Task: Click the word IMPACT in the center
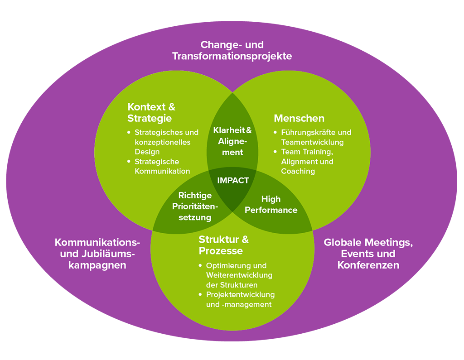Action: pyautogui.click(x=233, y=180)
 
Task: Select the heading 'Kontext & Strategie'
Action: pyautogui.click(x=151, y=113)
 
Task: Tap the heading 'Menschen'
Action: pyautogui.click(x=299, y=119)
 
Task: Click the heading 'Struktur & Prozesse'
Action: pyautogui.click(x=223, y=245)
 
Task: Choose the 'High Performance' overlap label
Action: pyautogui.click(x=271, y=204)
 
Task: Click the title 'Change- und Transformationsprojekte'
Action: pyautogui.click(x=232, y=50)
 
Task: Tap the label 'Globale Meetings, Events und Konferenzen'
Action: pyautogui.click(x=368, y=254)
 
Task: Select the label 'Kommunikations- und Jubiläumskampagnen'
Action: pyautogui.click(x=97, y=254)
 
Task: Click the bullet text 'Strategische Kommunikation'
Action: pyautogui.click(x=162, y=166)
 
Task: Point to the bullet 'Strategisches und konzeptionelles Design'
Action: pyautogui.click(x=166, y=142)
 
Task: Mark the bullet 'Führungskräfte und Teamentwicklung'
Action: pyautogui.click(x=316, y=137)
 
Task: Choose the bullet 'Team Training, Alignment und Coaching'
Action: pyautogui.click(x=307, y=162)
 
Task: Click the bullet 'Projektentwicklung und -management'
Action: pyautogui.click(x=240, y=299)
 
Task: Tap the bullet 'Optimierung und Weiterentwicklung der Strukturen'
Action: pyautogui.click(x=239, y=275)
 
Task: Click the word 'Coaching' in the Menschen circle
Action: pyautogui.click(x=298, y=171)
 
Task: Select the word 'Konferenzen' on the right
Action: pyautogui.click(x=368, y=265)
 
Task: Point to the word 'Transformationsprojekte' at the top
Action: pyautogui.click(x=232, y=56)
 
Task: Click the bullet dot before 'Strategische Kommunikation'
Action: pyautogui.click(x=129, y=161)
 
